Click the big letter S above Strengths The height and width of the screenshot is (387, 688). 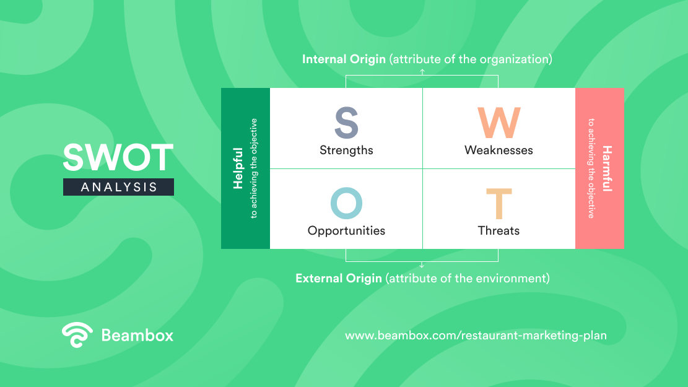point(346,122)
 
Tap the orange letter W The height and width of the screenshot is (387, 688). point(499,123)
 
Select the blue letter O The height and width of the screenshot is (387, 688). point(346,203)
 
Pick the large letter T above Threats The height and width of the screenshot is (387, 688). point(499,203)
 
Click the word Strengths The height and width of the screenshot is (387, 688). point(346,150)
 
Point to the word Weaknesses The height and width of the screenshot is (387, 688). point(499,150)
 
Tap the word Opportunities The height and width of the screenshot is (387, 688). point(346,231)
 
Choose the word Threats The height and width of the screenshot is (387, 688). point(499,231)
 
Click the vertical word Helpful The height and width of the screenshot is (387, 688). point(238,168)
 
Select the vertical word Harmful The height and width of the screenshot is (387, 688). point(607,168)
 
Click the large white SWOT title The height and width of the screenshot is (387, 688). point(118,157)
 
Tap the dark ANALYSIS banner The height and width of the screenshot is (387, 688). point(118,187)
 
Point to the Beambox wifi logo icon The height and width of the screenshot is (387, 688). point(77,335)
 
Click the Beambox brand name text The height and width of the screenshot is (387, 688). point(137,335)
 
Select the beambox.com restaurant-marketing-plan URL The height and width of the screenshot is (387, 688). point(476,336)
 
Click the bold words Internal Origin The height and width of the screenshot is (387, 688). point(344,59)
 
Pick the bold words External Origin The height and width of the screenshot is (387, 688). point(338,279)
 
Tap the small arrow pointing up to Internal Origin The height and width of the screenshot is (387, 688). point(422,72)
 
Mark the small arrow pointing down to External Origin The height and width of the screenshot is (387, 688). point(422,264)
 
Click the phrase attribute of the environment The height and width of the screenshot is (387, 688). point(468,279)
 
